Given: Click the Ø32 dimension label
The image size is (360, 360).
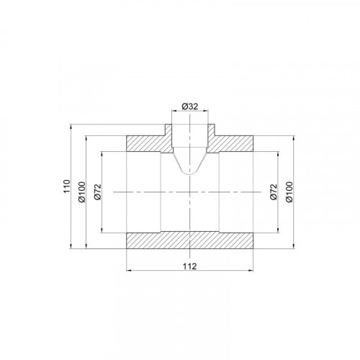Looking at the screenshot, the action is [x=190, y=106].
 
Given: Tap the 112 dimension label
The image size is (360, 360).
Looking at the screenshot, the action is [x=190, y=266].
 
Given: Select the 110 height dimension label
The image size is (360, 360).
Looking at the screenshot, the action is [x=66, y=186].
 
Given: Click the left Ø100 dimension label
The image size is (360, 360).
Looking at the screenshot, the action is [x=82, y=192].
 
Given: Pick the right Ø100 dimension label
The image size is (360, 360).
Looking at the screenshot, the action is [x=289, y=192].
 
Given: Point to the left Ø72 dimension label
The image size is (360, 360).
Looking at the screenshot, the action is [x=98, y=192].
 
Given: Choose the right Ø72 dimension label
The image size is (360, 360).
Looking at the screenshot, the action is [x=274, y=192].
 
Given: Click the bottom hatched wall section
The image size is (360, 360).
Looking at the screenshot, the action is [x=190, y=240].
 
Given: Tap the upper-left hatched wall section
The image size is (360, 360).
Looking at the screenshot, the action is [x=149, y=142].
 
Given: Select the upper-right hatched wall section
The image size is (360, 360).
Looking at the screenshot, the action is [x=230, y=142].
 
